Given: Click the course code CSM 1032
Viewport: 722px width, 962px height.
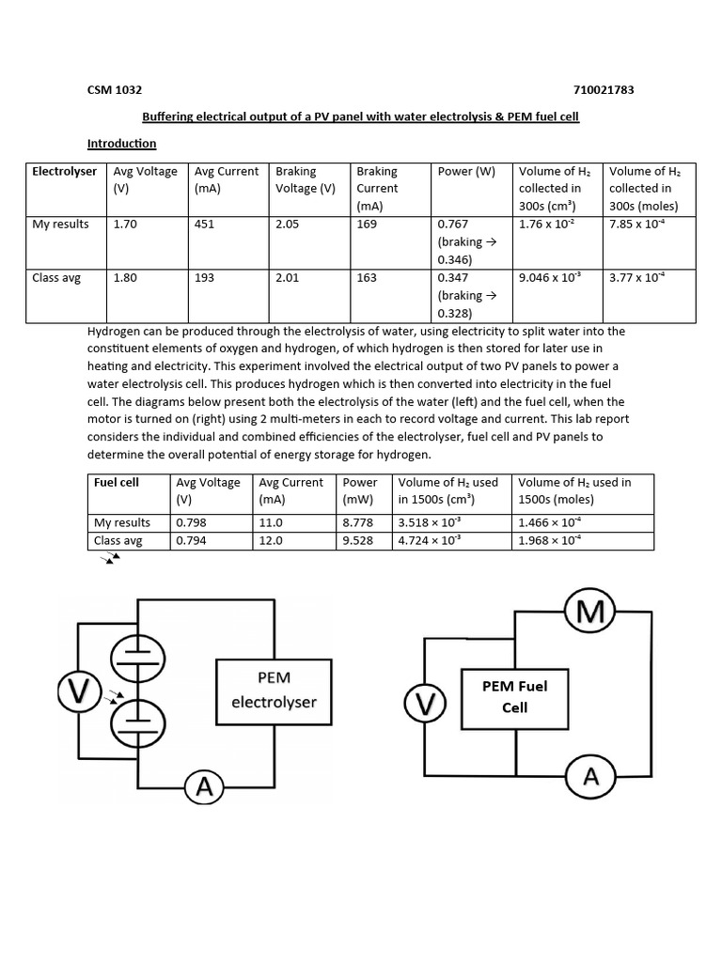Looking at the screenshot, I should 115,90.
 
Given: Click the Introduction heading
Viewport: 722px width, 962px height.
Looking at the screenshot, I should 121,144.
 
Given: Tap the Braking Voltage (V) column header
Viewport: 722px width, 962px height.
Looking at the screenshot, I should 305,179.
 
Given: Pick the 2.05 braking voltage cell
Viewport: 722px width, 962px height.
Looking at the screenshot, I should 289,225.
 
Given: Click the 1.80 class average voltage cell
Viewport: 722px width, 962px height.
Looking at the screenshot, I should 125,278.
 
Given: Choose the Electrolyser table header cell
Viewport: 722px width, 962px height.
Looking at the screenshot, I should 64,172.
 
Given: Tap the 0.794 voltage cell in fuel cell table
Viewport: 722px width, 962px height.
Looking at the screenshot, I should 194,541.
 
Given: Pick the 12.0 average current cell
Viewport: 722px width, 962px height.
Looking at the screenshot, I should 272,541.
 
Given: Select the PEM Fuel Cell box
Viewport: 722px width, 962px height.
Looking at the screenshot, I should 514,696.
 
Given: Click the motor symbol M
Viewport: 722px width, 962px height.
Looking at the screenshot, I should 589,613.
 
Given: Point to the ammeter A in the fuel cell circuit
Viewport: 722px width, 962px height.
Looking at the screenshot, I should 590,776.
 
